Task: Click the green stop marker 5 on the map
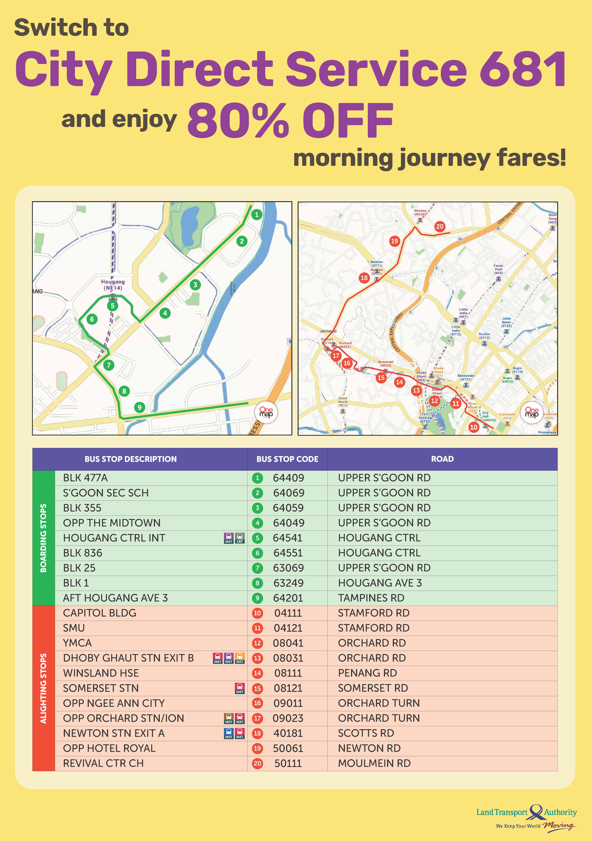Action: point(112,305)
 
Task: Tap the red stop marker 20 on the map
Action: point(439,226)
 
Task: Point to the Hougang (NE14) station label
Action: point(113,285)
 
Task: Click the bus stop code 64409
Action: point(288,478)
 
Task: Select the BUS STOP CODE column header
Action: point(287,459)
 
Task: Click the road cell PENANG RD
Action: point(367,673)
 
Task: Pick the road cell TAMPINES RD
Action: point(371,598)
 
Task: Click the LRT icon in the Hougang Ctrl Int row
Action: point(240,538)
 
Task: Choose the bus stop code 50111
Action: point(288,763)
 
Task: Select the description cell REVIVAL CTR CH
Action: point(103,763)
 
